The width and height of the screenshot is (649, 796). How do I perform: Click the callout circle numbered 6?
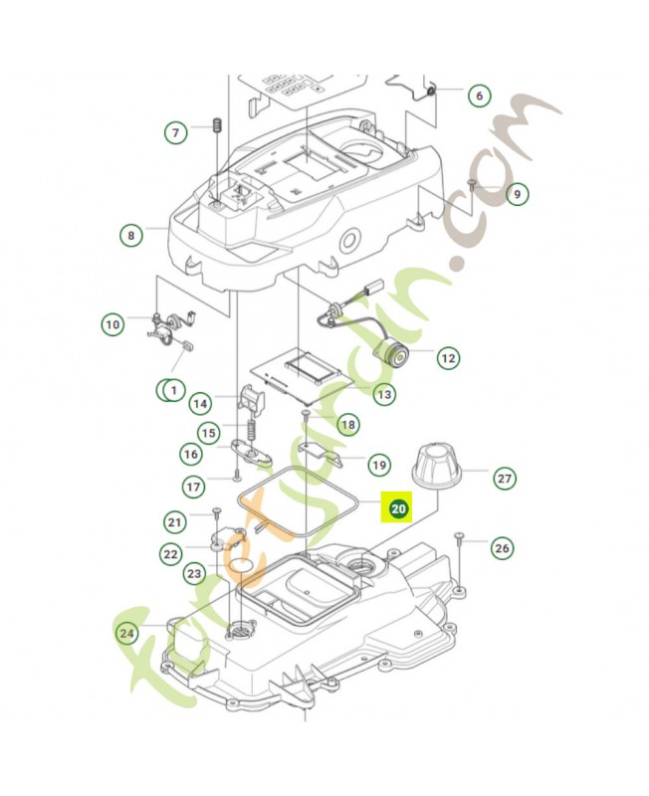(x=479, y=96)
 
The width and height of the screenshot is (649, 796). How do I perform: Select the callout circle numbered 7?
(x=176, y=132)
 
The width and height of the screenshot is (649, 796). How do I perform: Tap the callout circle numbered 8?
(x=129, y=236)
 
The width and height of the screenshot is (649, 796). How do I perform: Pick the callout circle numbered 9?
(x=516, y=194)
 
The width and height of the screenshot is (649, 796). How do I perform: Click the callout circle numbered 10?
(x=112, y=323)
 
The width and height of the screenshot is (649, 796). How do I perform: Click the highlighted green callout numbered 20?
(x=398, y=509)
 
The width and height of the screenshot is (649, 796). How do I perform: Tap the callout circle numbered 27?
(x=505, y=479)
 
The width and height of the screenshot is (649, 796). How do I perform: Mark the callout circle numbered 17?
(x=193, y=487)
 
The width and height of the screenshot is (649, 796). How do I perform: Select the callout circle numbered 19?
(x=378, y=464)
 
